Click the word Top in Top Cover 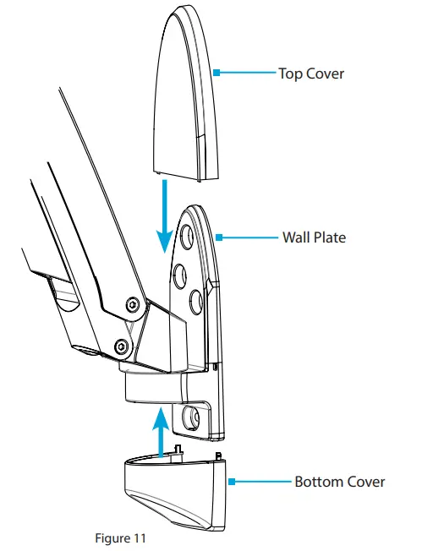(290, 74)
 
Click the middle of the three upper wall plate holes (179, 275)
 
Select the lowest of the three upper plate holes (194, 300)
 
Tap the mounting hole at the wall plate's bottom (187, 416)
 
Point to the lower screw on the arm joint (122, 346)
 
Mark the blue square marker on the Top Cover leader (217, 74)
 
